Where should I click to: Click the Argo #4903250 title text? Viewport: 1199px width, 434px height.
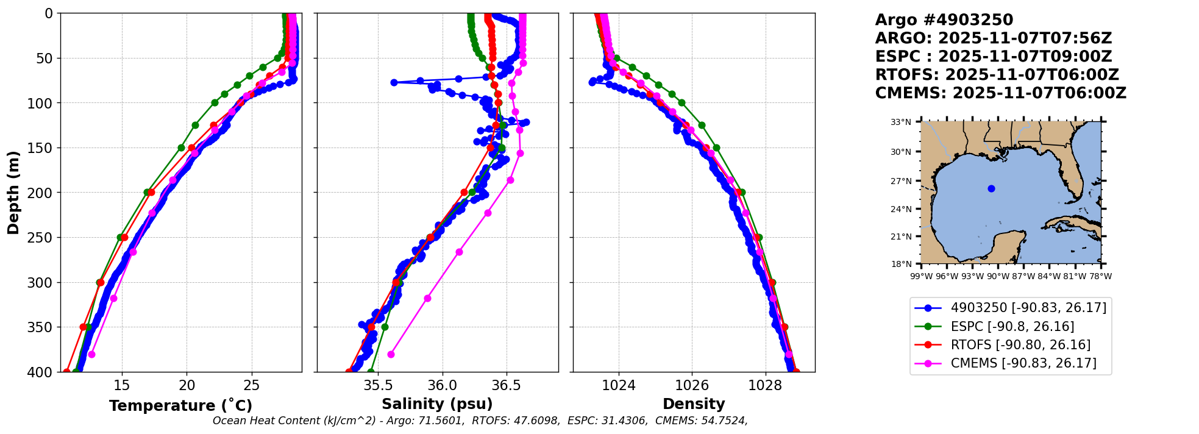pos(944,20)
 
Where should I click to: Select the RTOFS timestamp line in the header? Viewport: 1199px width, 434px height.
pos(997,75)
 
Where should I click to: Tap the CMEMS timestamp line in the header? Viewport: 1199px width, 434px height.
pos(1000,93)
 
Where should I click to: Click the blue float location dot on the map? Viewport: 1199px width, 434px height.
pos(991,188)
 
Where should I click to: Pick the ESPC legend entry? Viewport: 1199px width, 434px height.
pos(1012,327)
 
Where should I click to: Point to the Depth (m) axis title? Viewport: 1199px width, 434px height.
pos(13,193)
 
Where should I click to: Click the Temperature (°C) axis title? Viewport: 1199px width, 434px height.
pos(180,405)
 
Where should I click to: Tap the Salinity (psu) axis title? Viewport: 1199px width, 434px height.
pos(437,404)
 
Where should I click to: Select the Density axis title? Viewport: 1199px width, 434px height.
pos(694,404)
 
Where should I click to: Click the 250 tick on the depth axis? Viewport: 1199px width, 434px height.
pos(43,238)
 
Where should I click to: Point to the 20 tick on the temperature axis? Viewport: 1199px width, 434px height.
pos(187,385)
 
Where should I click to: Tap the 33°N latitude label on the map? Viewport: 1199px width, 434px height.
pos(900,122)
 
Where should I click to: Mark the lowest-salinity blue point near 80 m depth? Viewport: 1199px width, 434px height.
pos(394,82)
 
